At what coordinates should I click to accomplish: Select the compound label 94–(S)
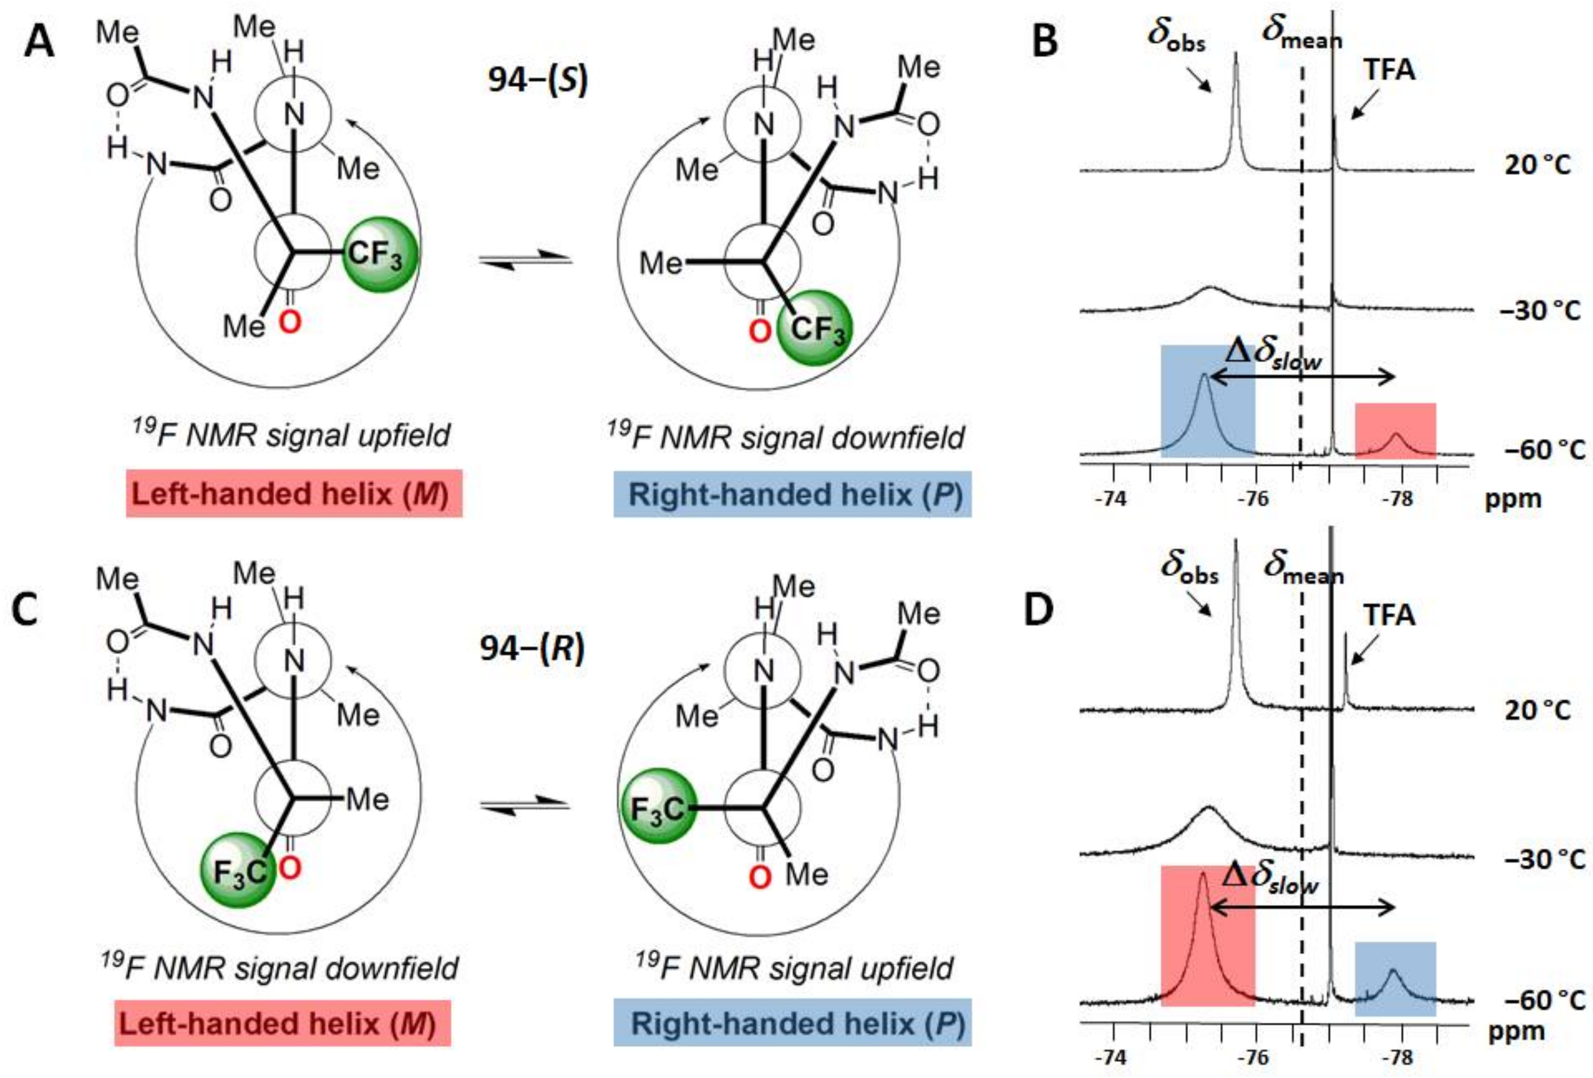pyautogui.click(x=538, y=81)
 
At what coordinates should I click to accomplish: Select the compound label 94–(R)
pyautogui.click(x=532, y=648)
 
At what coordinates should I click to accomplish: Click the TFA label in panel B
pyautogui.click(x=1388, y=71)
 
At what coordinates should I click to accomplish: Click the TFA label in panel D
pyautogui.click(x=1388, y=615)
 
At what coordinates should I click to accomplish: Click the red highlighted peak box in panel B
pyautogui.click(x=1395, y=430)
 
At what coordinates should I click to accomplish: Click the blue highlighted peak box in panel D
pyautogui.click(x=1395, y=978)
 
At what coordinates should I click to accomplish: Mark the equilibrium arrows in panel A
pyautogui.click(x=525, y=260)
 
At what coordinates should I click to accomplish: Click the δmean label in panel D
pyautogui.click(x=1303, y=570)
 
